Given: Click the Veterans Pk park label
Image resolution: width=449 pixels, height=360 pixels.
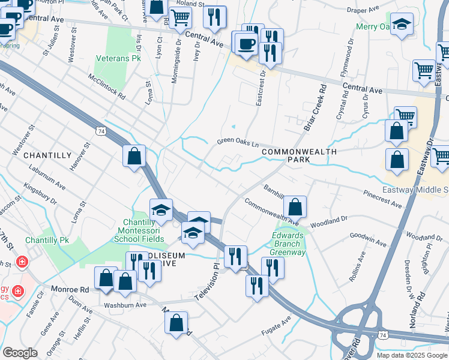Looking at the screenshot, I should pos(118,59).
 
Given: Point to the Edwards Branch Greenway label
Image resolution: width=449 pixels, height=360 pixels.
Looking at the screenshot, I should pos(289,244).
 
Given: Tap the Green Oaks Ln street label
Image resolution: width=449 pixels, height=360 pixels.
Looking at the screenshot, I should pos(237,143).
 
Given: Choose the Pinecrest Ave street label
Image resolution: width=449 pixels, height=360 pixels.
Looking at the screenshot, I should pos(382,199).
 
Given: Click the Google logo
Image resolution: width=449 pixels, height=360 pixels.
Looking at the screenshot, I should pos(20,353).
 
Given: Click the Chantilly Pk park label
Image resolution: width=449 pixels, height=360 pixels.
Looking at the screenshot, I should pos(47,240).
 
